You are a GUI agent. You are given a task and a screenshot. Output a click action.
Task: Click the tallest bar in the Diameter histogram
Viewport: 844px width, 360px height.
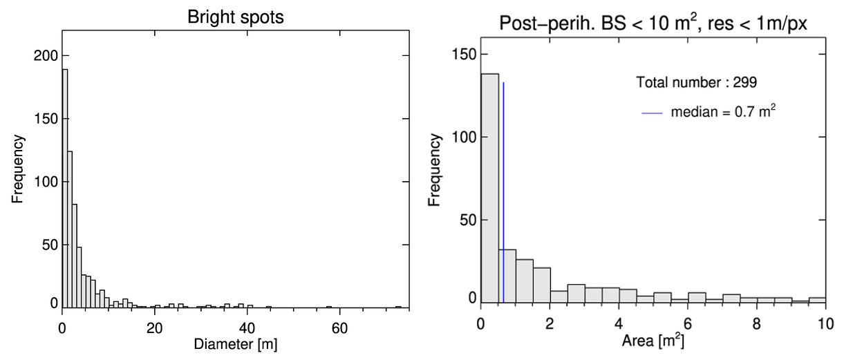pyautogui.click(x=65, y=187)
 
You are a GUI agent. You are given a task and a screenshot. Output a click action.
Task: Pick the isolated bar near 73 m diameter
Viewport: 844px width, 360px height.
pyautogui.click(x=398, y=307)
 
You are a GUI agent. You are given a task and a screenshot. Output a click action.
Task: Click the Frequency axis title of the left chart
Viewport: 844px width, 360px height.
pyautogui.click(x=19, y=169)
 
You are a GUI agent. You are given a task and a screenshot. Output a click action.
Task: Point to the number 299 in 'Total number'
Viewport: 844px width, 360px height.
pyautogui.click(x=747, y=82)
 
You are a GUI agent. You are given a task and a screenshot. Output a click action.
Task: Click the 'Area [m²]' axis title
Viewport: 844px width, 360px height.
pyautogui.click(x=653, y=340)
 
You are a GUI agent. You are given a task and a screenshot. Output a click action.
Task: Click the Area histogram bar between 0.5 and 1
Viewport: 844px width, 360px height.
pyautogui.click(x=507, y=276)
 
